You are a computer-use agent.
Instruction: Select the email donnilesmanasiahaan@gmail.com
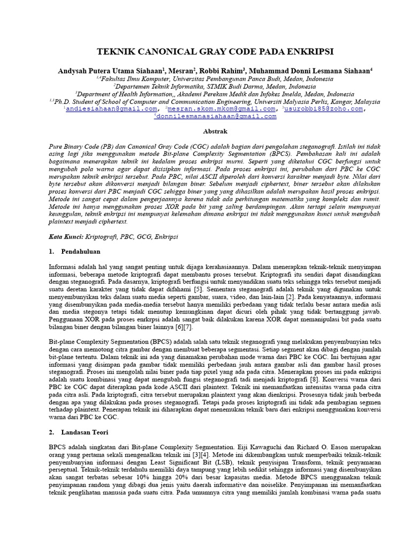pos(216,116)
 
